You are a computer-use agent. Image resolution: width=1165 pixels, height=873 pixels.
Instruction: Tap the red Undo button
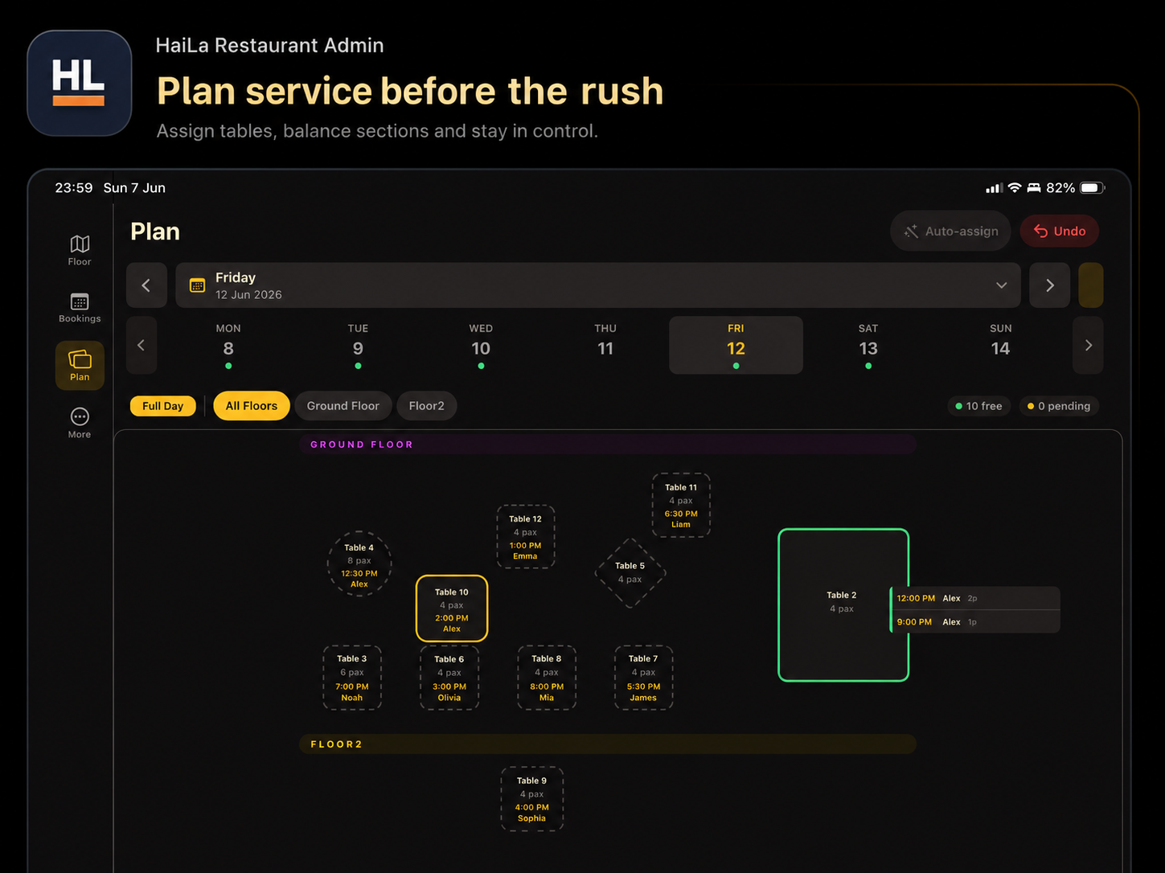pyautogui.click(x=1059, y=231)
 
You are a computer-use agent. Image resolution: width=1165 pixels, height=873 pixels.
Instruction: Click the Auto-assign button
pyautogui.click(x=950, y=231)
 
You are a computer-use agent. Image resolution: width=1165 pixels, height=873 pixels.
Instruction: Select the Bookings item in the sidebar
pyautogui.click(x=80, y=307)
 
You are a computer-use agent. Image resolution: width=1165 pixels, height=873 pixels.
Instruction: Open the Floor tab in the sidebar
pyautogui.click(x=80, y=251)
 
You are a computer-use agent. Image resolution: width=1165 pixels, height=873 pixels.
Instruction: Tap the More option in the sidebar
pyautogui.click(x=80, y=423)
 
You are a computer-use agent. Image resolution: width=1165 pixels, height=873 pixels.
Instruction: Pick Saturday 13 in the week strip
pyautogui.click(x=868, y=346)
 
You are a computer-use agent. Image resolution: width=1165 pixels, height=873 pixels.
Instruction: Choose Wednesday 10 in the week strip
pyautogui.click(x=480, y=346)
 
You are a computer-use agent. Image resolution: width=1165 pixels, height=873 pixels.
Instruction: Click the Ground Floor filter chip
pyautogui.click(x=343, y=406)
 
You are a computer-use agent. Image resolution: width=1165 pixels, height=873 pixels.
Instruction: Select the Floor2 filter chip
pyautogui.click(x=426, y=406)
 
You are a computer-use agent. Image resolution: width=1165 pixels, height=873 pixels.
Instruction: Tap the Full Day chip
pyautogui.click(x=162, y=406)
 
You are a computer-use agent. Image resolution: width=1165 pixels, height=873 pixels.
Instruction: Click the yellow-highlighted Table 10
pyautogui.click(x=452, y=609)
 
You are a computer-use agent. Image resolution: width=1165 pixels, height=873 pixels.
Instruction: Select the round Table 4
pyautogui.click(x=359, y=564)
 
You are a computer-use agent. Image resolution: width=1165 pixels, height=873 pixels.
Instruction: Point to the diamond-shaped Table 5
pyautogui.click(x=630, y=572)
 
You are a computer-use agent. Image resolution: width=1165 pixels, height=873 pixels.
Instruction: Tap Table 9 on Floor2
pyautogui.click(x=531, y=799)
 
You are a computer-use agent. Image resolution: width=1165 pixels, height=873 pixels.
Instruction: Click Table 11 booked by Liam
pyautogui.click(x=681, y=505)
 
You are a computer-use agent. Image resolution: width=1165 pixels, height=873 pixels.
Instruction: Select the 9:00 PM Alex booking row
pyautogui.click(x=975, y=621)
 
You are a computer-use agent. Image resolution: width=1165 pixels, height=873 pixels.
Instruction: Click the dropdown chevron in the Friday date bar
pyautogui.click(x=1001, y=285)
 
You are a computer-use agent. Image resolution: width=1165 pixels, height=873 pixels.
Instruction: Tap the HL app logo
pyautogui.click(x=80, y=83)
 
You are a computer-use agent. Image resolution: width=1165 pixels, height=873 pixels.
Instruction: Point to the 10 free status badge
pyautogui.click(x=978, y=406)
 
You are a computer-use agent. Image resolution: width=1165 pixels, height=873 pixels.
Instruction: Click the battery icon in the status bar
pyautogui.click(x=1093, y=188)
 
